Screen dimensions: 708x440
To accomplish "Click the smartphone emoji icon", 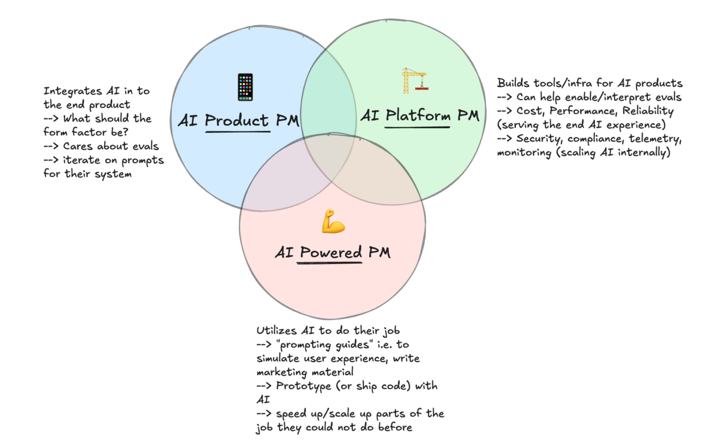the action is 245,87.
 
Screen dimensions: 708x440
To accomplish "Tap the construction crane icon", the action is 414,81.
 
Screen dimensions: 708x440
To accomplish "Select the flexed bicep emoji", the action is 333,221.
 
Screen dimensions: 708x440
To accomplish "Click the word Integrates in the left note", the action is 73,91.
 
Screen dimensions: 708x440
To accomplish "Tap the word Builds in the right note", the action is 513,83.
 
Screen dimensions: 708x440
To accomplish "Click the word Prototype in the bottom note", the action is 303,386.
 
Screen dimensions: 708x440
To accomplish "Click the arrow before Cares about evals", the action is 51,146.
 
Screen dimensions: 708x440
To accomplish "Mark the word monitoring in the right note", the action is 524,153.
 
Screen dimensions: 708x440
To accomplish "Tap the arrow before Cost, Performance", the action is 504,111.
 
